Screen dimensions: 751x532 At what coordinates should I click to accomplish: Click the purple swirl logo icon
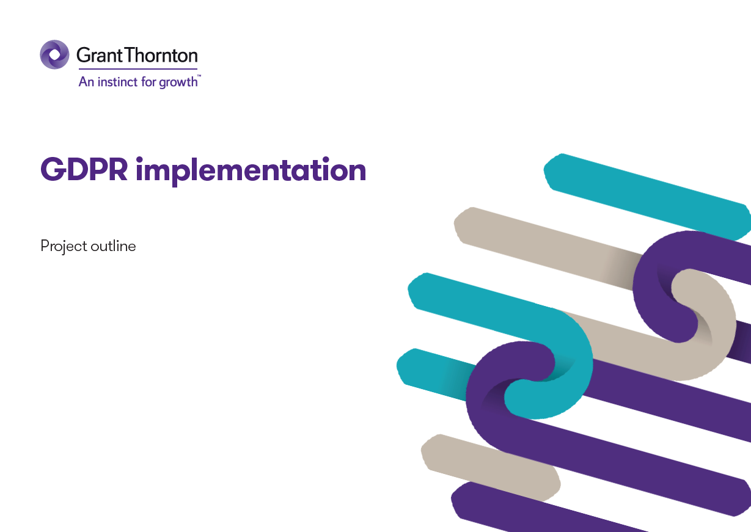tap(54, 54)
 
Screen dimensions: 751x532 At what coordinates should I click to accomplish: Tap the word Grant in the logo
tap(99, 56)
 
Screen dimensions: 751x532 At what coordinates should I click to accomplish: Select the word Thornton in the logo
tap(161, 56)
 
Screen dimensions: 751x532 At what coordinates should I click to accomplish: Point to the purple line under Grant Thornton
tap(137, 69)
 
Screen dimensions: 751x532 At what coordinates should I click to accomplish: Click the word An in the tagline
tap(86, 82)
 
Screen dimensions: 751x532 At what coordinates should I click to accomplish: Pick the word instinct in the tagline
tap(117, 82)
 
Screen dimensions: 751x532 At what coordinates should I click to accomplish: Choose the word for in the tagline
tap(148, 82)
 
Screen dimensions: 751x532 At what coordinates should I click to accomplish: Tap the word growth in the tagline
tap(178, 82)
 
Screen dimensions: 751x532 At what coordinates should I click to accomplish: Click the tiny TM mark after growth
tap(199, 76)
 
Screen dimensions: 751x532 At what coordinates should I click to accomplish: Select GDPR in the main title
tap(84, 170)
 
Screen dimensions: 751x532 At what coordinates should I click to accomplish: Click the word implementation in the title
tap(251, 171)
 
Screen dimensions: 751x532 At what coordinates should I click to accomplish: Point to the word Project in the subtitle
tap(64, 247)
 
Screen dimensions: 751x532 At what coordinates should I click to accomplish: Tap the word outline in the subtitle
tap(113, 246)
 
